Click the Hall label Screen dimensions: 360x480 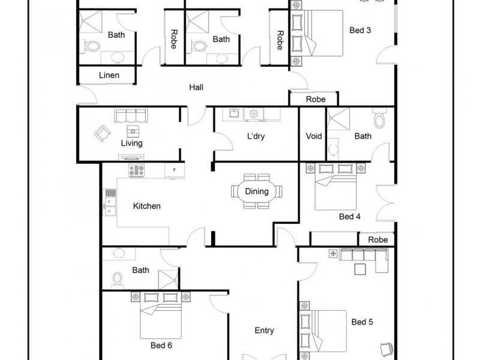pyautogui.click(x=196, y=88)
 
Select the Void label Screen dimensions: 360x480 pyautogui.click(x=314, y=136)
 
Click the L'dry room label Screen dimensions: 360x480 pyautogui.click(x=256, y=136)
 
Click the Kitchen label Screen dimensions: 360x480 pyautogui.click(x=147, y=206)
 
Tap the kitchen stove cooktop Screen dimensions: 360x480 pyautogui.click(x=136, y=170)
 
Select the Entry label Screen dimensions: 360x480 pyautogui.click(x=264, y=331)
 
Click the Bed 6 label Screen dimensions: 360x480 pyautogui.click(x=161, y=346)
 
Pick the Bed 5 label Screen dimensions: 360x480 pyautogui.click(x=362, y=322)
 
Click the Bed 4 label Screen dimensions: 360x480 pyautogui.click(x=349, y=217)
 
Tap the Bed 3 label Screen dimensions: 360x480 pyautogui.click(x=360, y=30)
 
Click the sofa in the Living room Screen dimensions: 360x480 pyautogui.click(x=131, y=115)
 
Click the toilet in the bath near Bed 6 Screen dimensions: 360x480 pyautogui.click(x=118, y=278)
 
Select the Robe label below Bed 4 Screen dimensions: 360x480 pyautogui.click(x=378, y=240)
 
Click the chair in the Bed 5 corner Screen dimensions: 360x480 pyautogui.click(x=385, y=348)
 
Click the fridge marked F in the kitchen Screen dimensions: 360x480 pyautogui.click(x=174, y=170)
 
